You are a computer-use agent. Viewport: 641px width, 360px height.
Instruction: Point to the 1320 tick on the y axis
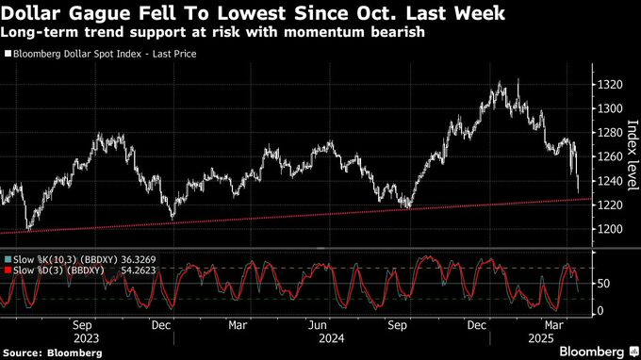[610, 85]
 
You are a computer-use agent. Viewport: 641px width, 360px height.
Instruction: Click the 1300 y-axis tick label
[610, 109]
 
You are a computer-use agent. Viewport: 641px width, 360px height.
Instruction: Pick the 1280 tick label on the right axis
[610, 133]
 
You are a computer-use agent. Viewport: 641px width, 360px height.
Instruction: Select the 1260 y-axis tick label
[610, 157]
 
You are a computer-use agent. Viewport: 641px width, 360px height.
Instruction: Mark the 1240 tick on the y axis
[610, 181]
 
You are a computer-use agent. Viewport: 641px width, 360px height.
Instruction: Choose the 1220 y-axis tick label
[610, 205]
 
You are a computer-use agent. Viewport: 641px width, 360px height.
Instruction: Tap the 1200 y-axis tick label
[610, 229]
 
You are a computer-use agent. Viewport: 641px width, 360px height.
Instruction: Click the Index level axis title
[633, 156]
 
